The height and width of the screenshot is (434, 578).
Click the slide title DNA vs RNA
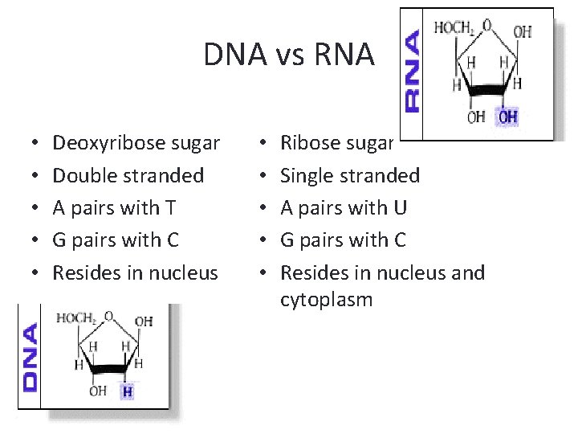click(x=288, y=55)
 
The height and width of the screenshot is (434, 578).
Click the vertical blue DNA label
click(x=31, y=357)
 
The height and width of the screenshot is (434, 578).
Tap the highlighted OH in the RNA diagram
click(x=507, y=117)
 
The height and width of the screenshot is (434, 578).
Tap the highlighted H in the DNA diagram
click(x=128, y=391)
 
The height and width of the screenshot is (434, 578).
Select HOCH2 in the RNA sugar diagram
click(x=454, y=28)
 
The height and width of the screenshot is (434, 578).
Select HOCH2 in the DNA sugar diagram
click(x=76, y=318)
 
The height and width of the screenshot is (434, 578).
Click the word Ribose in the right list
click(x=308, y=144)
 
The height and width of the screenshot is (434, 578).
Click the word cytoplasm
click(x=326, y=301)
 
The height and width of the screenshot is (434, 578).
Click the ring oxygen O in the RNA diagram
click(x=487, y=25)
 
